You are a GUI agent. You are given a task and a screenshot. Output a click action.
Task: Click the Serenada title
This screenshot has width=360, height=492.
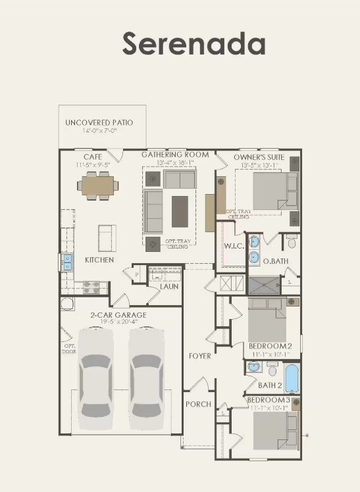(x=193, y=43)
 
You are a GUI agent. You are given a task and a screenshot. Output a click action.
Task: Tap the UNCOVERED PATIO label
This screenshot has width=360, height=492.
(x=99, y=123)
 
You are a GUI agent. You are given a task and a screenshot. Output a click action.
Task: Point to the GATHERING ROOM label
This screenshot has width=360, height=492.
(x=175, y=155)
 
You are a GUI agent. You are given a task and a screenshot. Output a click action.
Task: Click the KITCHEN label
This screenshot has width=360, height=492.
(x=99, y=260)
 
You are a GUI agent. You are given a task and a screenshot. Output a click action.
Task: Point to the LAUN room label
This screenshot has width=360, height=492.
(x=169, y=287)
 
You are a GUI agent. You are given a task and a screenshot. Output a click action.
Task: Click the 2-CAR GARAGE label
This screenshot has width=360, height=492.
(x=118, y=315)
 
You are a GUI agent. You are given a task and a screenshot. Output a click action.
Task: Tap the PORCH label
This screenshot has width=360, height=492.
(x=198, y=404)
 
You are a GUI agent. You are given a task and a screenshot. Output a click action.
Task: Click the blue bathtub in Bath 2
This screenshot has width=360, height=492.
(x=291, y=380)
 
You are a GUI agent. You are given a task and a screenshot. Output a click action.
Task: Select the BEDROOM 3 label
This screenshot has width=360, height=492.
(x=269, y=400)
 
